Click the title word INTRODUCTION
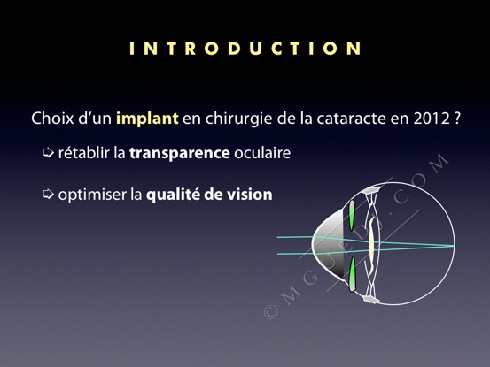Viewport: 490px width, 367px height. coord(245,49)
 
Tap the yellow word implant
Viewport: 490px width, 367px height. coord(147,119)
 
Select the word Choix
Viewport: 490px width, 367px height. coord(52,119)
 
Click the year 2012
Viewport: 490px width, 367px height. coord(432,119)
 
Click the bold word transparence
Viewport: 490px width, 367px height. coord(180,153)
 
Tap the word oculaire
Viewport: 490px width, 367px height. coord(262,153)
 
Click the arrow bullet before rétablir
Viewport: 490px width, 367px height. coord(48,152)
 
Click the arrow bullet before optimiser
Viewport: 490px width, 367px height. coord(48,194)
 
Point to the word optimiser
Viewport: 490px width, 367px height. coord(92,195)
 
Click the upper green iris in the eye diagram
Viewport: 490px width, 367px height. coord(352,215)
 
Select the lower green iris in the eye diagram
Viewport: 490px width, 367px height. coord(352,274)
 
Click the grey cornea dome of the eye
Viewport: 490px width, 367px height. coord(328,243)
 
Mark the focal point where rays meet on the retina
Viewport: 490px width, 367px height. coord(453,246)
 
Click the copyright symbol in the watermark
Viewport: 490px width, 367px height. coord(271,311)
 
